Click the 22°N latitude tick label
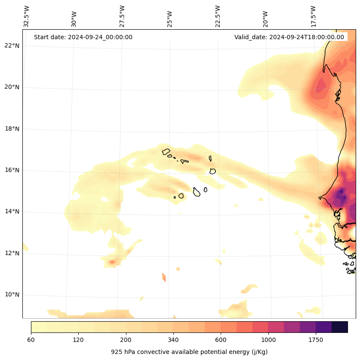click(12, 46)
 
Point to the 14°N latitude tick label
click(12, 212)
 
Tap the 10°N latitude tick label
click(12, 295)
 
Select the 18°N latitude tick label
click(12, 129)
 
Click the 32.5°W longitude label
click(27, 16)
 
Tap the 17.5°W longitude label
click(313, 16)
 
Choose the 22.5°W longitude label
click(218, 16)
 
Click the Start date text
click(83, 37)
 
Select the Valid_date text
click(289, 37)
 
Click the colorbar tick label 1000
click(268, 340)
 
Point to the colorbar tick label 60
click(31, 340)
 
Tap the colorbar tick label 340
click(173, 340)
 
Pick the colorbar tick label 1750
click(316, 340)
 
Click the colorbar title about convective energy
click(189, 352)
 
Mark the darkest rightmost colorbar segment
click(339, 327)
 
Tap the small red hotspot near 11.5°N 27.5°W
click(112, 261)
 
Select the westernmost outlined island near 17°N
click(166, 152)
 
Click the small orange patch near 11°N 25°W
click(163, 277)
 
